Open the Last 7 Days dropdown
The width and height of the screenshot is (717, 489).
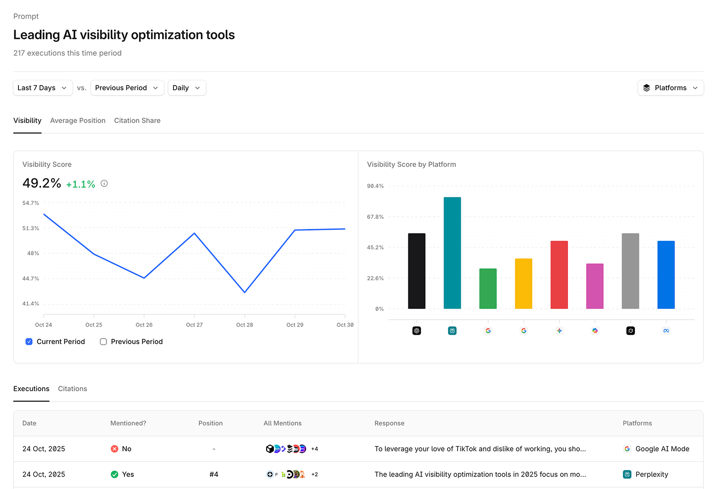coord(43,88)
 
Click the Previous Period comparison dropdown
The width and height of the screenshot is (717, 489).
coord(127,88)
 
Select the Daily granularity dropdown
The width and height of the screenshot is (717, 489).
coord(186,88)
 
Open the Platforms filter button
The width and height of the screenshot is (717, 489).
coord(670,88)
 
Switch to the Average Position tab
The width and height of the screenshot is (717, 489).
coord(78,121)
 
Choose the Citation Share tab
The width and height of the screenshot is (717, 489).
coord(137,121)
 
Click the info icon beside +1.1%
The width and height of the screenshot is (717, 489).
coord(104,183)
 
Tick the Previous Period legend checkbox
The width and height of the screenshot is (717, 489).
coord(104,342)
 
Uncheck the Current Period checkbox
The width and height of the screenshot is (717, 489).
coord(29,342)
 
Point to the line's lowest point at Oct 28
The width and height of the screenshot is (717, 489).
coord(245,293)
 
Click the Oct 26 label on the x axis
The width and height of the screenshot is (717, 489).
coord(144,325)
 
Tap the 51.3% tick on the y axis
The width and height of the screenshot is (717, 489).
coord(30,228)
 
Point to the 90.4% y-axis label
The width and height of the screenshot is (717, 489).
coord(375,186)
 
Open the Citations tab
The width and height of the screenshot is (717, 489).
coord(73,389)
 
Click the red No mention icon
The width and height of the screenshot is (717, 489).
coord(115,449)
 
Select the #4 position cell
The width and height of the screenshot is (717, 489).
coord(214,475)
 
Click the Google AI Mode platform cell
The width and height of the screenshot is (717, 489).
coord(657,449)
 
